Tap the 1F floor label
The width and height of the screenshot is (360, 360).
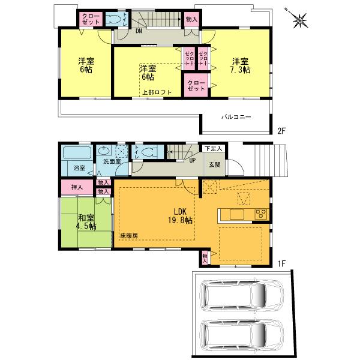coord(280,263)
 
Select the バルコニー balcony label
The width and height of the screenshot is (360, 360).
coord(236,117)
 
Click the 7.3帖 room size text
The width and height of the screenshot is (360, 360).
coord(242,70)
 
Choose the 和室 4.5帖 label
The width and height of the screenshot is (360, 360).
coord(86,223)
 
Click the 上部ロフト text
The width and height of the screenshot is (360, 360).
coord(157,92)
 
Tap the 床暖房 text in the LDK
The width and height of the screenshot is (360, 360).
coord(128,236)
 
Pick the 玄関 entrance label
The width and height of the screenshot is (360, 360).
coord(214,164)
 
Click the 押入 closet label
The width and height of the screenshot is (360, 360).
coord(77,188)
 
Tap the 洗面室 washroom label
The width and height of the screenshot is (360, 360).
coord(112,162)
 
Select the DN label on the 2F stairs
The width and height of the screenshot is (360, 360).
coord(139,30)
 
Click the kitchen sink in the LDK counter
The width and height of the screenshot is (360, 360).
coord(235,214)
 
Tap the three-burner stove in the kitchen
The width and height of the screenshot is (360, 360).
coord(261,214)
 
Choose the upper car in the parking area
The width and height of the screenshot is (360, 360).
coord(236,296)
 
